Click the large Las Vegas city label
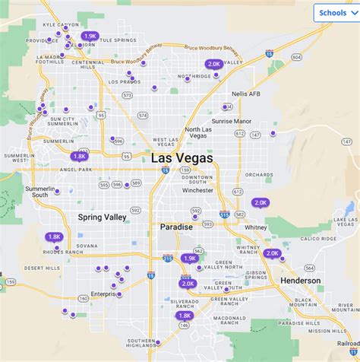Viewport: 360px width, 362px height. point(182,158)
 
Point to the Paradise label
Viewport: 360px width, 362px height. point(176,227)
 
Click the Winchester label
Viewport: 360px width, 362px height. point(197,190)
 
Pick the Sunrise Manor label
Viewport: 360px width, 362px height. point(232,121)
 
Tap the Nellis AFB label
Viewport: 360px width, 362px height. point(245,94)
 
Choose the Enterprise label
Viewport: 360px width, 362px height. point(106,294)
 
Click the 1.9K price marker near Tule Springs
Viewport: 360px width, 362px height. point(90,36)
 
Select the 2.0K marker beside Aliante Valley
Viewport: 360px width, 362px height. point(214,65)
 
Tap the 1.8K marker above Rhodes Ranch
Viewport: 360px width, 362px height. point(54,237)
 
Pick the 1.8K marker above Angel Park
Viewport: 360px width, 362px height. point(80,157)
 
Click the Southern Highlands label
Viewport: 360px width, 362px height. point(140,343)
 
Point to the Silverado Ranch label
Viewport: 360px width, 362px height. point(184,303)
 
